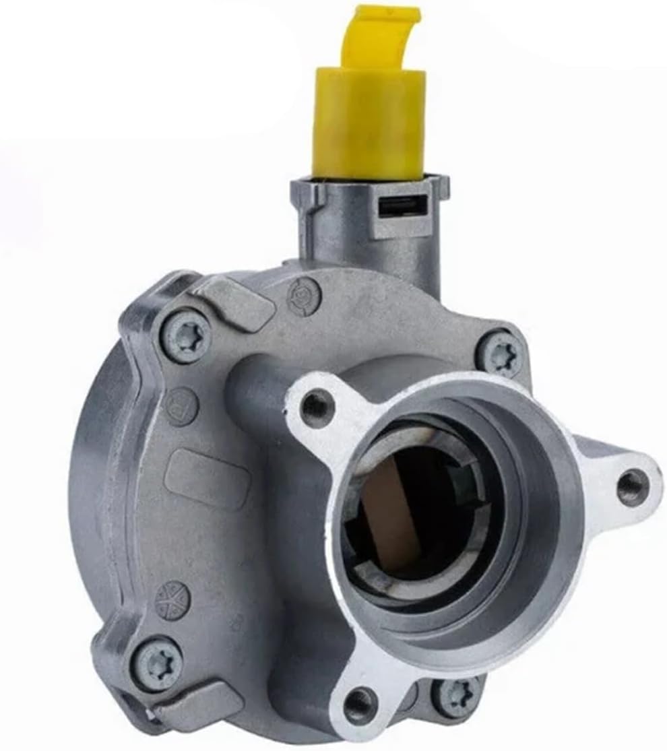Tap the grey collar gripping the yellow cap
point(369,191)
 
